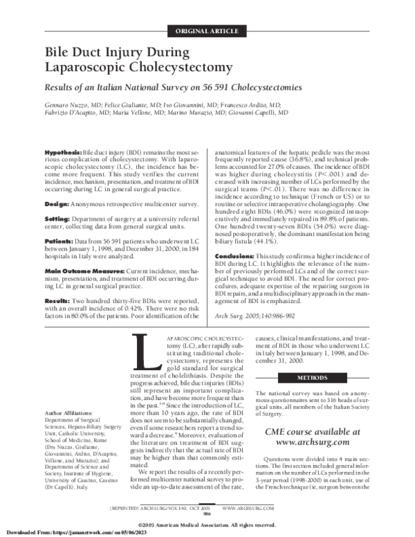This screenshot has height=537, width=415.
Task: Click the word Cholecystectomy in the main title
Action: (156, 67)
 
